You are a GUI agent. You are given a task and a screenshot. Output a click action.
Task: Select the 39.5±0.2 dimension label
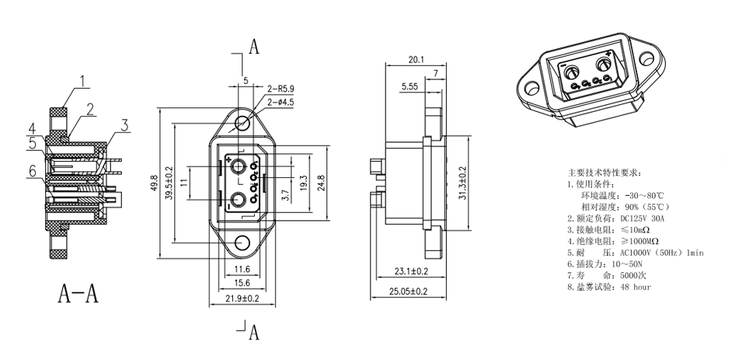click(x=169, y=186)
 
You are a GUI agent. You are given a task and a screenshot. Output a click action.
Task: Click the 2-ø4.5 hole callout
click(x=281, y=101)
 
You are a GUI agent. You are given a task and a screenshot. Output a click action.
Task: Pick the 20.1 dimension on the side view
click(x=416, y=59)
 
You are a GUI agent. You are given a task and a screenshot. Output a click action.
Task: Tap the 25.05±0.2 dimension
click(x=410, y=292)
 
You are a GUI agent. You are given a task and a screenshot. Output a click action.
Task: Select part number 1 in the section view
click(x=84, y=79)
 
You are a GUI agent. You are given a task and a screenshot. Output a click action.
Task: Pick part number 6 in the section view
click(x=33, y=171)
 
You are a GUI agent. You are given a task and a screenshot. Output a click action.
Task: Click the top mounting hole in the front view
click(x=244, y=122)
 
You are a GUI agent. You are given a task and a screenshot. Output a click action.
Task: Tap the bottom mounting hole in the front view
click(x=244, y=242)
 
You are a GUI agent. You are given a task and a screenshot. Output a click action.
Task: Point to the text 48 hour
click(x=636, y=287)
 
